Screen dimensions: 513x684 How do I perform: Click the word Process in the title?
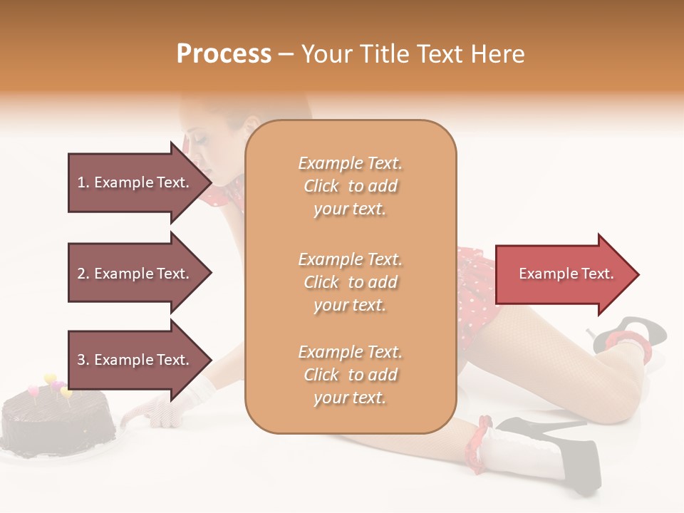224,54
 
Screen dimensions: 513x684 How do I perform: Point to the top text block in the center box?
350,186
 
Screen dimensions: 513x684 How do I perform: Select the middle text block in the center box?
350,282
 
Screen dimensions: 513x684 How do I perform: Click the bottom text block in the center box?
350,375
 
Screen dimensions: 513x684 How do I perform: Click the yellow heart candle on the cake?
50,379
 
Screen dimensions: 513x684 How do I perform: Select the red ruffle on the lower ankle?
477,445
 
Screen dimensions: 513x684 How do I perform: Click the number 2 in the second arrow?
81,274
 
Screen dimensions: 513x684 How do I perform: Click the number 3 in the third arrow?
81,361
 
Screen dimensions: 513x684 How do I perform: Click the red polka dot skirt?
476,285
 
